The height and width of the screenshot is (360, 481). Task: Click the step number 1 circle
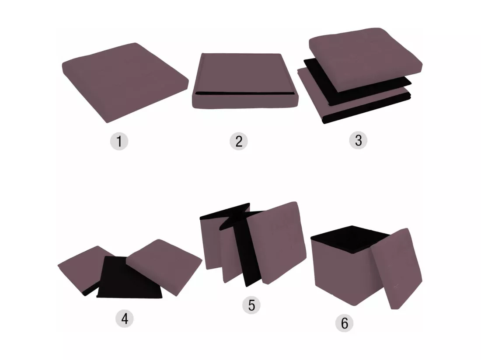(x=119, y=141)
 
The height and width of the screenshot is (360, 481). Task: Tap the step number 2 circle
(x=239, y=141)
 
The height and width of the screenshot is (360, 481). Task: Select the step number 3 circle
(x=358, y=140)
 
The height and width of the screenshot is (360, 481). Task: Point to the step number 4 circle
(x=125, y=318)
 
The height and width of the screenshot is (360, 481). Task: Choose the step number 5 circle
(x=251, y=305)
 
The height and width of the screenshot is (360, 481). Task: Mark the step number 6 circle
(x=345, y=323)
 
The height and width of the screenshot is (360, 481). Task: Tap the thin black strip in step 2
(x=244, y=93)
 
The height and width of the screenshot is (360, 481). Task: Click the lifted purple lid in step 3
(x=365, y=58)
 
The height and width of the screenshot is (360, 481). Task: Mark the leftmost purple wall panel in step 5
(x=211, y=242)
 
